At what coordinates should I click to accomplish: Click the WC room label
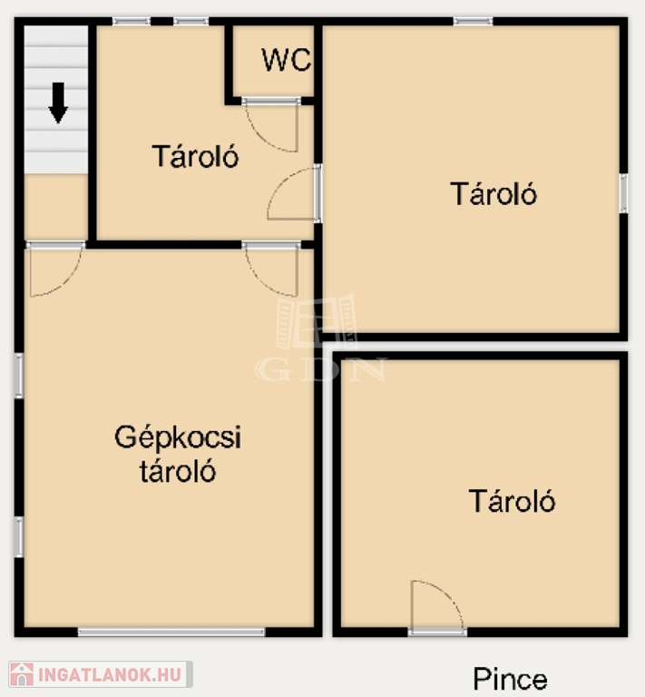287,60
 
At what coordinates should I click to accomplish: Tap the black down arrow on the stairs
58,103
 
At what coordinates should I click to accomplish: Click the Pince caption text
510,679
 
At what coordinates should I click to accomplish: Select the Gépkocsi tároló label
178,454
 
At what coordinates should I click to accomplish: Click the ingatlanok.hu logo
101,674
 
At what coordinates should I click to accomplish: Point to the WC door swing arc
266,133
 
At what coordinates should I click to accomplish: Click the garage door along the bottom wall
171,632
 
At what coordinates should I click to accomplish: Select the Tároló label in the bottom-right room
512,501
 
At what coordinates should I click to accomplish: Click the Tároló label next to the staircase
195,156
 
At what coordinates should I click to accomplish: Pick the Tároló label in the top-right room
494,193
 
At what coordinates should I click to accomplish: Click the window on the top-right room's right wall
623,193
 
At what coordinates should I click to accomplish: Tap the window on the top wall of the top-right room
473,21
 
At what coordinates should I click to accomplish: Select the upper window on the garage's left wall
19,375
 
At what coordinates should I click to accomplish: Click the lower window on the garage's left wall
19,536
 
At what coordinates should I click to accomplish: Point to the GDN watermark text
320,370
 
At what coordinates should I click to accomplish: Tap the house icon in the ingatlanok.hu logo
22,674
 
